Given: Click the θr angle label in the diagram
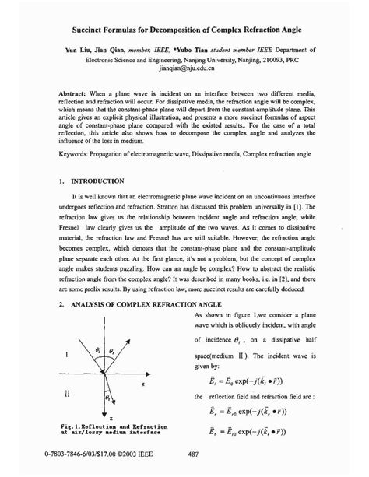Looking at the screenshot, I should [111, 351].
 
